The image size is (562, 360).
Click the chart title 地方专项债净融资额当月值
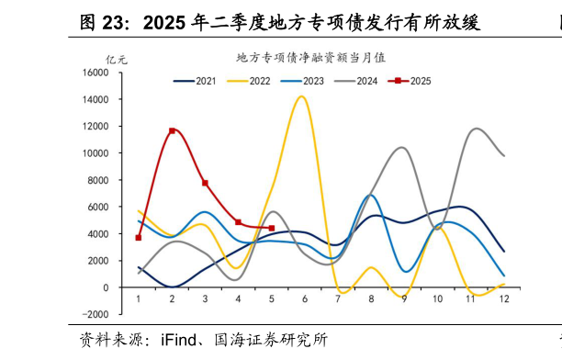coord(310,57)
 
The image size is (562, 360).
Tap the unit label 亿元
coord(117,60)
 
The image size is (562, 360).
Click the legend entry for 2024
coord(365,81)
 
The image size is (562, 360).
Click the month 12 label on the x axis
coord(503,299)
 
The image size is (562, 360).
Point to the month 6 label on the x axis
coord(304,299)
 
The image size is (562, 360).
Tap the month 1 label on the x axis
coord(139,299)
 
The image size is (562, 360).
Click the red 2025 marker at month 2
coord(172,130)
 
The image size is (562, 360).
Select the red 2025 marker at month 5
coord(271,228)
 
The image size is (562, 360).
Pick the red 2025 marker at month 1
coord(139,238)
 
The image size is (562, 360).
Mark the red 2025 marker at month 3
coord(205,183)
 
